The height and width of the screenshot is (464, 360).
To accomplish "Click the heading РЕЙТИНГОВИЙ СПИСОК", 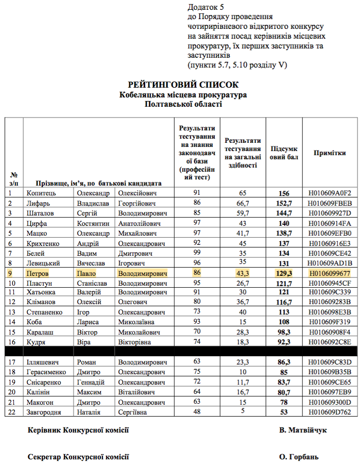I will pos(183,85).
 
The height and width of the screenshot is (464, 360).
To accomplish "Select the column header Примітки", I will pos(330,153).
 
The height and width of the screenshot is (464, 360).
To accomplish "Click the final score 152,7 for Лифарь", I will pos(284,203).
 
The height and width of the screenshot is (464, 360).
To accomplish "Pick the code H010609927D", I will pos(330,213).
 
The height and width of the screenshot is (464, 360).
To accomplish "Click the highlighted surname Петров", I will pos(38,273).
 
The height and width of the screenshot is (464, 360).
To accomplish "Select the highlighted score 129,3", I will pos(284,273).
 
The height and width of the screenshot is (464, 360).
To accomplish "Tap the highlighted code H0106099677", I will pos(330,273).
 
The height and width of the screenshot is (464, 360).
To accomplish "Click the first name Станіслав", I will pos(92,283).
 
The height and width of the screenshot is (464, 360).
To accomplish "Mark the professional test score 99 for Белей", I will pos(197,253).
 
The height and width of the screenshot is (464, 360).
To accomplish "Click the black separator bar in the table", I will pos(180,352).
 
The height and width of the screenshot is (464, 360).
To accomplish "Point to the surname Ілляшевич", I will pos(43,362).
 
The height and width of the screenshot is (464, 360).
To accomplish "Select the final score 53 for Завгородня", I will pos(284,412).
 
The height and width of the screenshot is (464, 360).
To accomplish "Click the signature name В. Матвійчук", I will pos(303,430).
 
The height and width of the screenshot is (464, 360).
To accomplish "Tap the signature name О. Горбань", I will pos(299,457).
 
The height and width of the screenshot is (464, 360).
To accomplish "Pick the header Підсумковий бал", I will pos(284,153).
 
